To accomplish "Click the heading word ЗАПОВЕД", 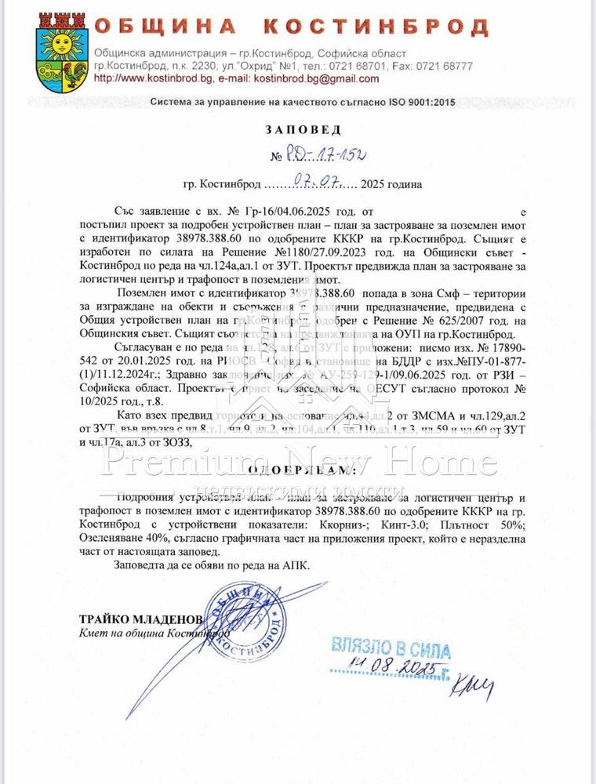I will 297,129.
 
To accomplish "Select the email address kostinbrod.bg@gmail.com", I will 311,78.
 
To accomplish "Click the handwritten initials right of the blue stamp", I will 471,687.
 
